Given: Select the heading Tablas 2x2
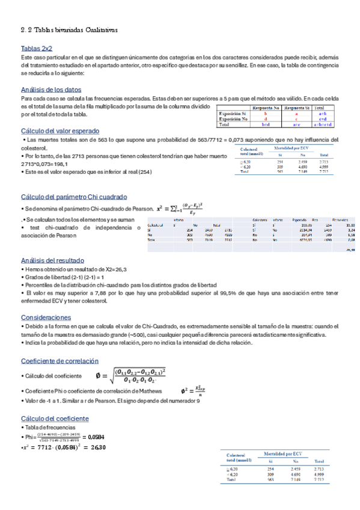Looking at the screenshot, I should pos(37,48).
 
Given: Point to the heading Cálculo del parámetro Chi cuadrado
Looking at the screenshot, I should pos(73,197).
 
